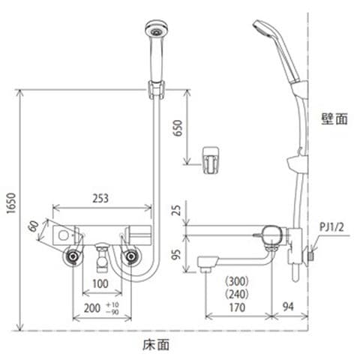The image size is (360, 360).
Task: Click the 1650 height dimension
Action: (x=11, y=203)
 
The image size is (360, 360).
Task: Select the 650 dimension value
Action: (x=178, y=128)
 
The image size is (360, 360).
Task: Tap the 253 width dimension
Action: (x=100, y=198)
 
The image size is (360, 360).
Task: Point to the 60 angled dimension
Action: (x=34, y=226)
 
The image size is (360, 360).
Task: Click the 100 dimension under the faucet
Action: (x=100, y=283)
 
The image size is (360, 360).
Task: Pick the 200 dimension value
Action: (x=92, y=308)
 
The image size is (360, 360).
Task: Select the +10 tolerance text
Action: (x=112, y=304)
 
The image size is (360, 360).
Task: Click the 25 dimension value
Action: (x=177, y=210)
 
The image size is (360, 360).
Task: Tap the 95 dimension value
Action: (x=177, y=254)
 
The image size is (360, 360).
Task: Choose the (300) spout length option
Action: (x=237, y=281)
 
